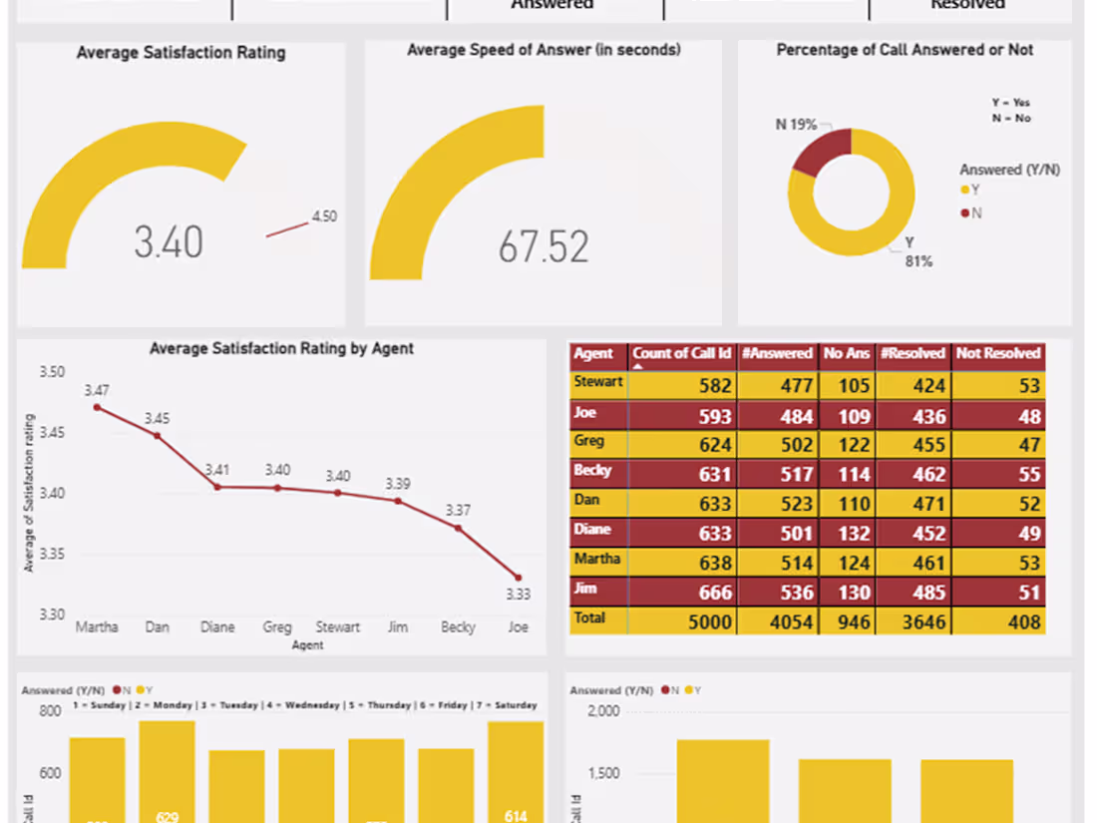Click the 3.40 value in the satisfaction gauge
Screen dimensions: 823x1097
[169, 242]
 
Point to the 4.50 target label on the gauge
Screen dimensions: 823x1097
[324, 216]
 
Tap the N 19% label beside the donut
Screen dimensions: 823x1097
[796, 125]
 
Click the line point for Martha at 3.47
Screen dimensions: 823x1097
[97, 407]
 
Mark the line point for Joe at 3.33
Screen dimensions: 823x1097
[518, 577]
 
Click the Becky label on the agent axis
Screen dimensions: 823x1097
[458, 627]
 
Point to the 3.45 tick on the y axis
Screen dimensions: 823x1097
[52, 432]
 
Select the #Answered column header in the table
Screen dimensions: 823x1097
[777, 353]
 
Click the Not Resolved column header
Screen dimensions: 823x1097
[997, 353]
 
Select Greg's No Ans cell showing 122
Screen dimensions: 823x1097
[848, 444]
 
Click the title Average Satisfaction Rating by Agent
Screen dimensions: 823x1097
[281, 348]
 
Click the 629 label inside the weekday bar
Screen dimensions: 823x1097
[167, 816]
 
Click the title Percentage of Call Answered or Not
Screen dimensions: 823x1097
[905, 50]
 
